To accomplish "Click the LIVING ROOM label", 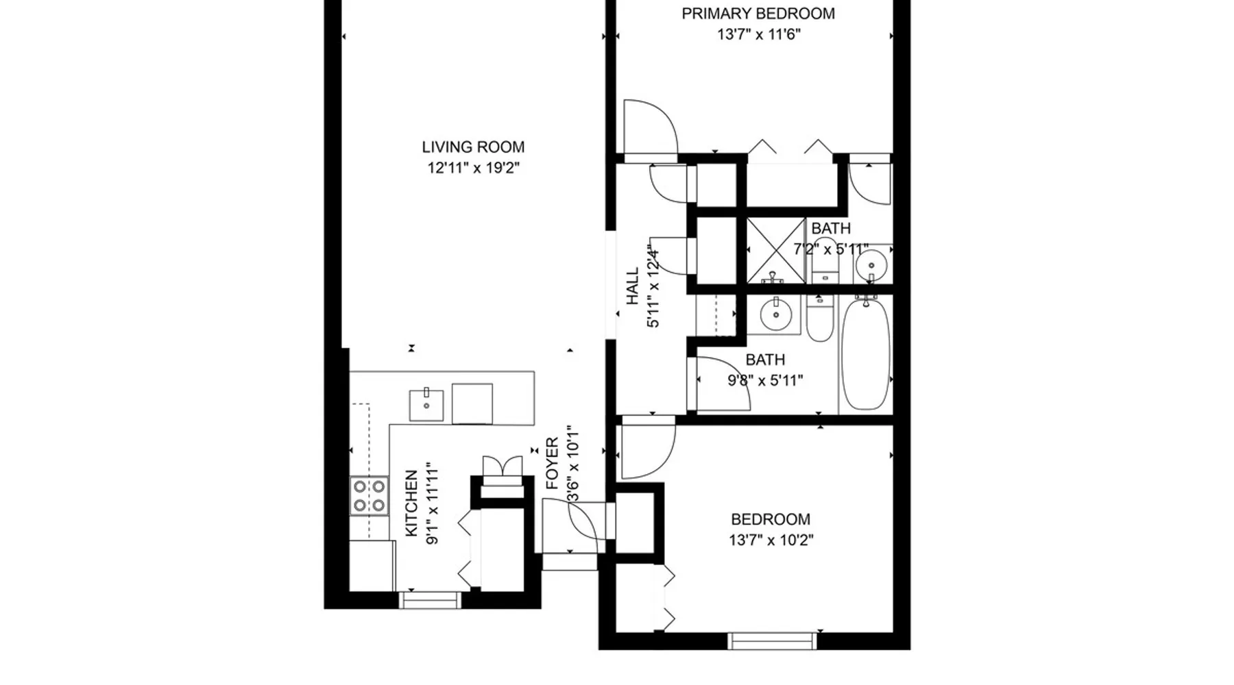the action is click(473, 147).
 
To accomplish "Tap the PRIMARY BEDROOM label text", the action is click(758, 14).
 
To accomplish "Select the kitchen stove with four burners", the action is click(369, 496).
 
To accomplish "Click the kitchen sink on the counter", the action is click(426, 405).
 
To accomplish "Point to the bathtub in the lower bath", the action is click(865, 354).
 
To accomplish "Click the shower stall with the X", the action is click(775, 251).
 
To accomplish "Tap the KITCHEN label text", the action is click(411, 503).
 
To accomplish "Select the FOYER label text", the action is click(553, 464).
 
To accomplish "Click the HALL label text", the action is click(632, 286).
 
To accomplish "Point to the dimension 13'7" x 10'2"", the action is click(771, 540).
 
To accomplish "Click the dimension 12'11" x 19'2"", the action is click(474, 168).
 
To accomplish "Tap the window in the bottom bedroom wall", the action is click(773, 641).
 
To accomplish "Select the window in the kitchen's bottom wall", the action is click(430, 600).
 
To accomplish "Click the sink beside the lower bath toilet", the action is click(776, 314).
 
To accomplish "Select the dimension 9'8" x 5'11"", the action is click(765, 381).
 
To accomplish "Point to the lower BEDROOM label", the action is click(771, 519).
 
